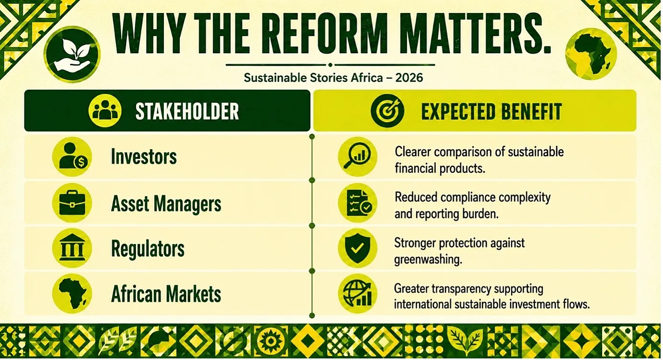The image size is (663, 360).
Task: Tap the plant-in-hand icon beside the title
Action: coord(72,54)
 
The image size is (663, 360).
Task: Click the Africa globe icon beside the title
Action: coord(591,54)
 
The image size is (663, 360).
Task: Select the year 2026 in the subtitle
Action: coord(409,78)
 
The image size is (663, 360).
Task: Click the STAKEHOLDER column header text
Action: coord(187,111)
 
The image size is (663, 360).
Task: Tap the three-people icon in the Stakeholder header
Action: coord(105,111)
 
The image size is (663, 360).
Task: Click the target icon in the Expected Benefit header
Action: coord(387,111)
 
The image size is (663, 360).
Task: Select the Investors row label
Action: coord(144,156)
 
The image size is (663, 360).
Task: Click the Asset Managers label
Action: coord(166,204)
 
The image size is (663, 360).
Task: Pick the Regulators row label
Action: coord(148,249)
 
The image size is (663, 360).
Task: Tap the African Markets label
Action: coord(166,294)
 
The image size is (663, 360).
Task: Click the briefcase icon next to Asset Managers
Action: coord(72,203)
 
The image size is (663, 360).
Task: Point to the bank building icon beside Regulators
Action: coord(72,248)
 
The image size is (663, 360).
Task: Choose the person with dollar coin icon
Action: coord(72,157)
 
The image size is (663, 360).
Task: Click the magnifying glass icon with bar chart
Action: coord(357,157)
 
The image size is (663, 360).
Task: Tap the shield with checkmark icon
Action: coord(357,248)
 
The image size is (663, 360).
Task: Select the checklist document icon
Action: coord(357,203)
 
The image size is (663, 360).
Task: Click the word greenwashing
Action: coord(428,259)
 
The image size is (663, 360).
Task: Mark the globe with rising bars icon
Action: coord(357,294)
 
